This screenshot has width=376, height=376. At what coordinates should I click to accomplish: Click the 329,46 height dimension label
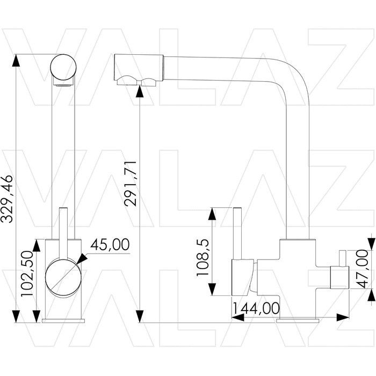click(6, 199)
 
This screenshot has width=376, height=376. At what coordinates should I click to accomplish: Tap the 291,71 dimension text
click(131, 184)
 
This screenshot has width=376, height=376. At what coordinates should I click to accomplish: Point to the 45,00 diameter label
click(110, 244)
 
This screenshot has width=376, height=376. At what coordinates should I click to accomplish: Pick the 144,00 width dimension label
click(256, 308)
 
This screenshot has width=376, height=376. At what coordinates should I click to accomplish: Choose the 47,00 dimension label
click(362, 269)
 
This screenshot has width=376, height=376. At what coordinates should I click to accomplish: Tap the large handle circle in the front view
click(63, 277)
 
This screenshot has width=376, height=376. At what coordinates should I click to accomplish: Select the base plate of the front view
click(63, 321)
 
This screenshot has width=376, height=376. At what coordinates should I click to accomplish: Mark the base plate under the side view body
click(298, 321)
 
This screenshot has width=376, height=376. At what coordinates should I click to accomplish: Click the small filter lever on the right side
click(342, 258)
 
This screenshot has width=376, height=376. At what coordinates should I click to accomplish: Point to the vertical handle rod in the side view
click(237, 233)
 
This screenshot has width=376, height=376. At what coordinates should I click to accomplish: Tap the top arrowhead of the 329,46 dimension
click(16, 60)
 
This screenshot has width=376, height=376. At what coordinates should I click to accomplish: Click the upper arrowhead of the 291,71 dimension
click(140, 91)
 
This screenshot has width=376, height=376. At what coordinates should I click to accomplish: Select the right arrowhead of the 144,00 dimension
click(343, 317)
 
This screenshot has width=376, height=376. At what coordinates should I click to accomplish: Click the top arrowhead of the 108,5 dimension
click(212, 214)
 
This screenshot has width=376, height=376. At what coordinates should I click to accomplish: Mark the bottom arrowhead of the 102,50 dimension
click(37, 316)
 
